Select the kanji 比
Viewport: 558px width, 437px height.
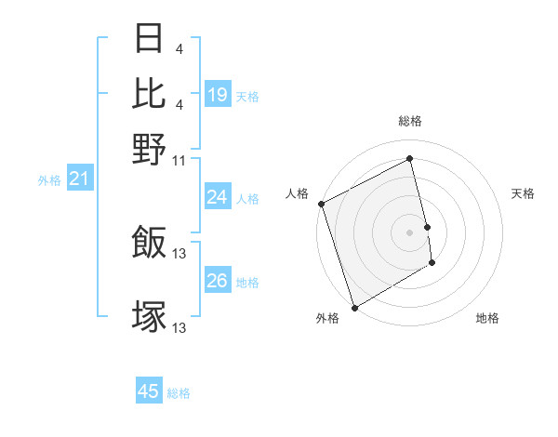click(x=150, y=94)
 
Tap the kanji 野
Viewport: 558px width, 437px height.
click(x=150, y=149)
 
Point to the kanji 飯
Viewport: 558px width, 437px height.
click(x=150, y=242)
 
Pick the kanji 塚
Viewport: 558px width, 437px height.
click(x=150, y=316)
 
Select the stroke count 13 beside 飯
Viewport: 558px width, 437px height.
click(x=180, y=253)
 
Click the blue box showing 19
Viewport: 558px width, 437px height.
click(x=217, y=95)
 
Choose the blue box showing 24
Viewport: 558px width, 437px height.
click(x=217, y=197)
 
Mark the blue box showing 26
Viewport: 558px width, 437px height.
click(x=217, y=281)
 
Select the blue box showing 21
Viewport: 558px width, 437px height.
click(x=79, y=179)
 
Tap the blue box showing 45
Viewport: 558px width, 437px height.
click(x=149, y=391)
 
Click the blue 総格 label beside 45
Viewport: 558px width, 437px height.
click(x=179, y=393)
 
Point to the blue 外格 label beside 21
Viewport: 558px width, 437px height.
click(x=49, y=180)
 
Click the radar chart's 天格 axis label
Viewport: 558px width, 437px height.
click(x=523, y=193)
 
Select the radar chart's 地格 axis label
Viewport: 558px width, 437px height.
click(x=487, y=319)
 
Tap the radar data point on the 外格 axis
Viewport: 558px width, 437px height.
click(x=354, y=308)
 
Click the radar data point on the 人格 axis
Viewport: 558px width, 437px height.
click(x=321, y=204)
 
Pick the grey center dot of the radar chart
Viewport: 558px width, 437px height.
click(x=410, y=232)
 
